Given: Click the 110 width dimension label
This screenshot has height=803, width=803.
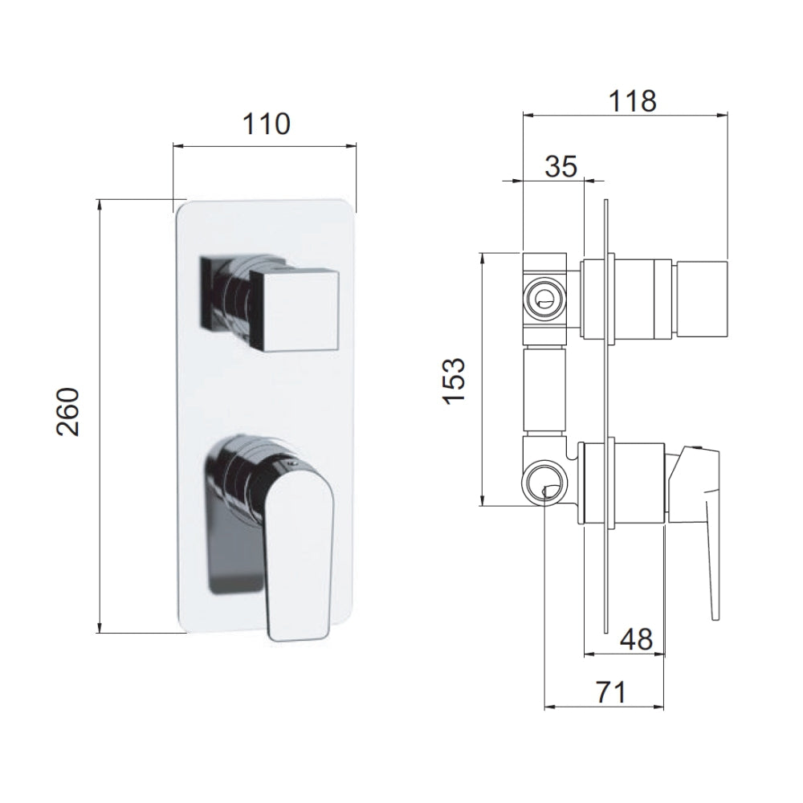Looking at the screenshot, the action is (266, 124).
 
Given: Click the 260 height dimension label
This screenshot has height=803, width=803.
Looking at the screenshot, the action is (68, 412).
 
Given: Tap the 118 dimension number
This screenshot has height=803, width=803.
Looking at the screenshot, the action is (632, 101).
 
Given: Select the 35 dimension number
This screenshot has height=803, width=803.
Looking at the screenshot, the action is (560, 166).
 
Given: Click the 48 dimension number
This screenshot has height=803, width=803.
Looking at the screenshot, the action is (637, 639).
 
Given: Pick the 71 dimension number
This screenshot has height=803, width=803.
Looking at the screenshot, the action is (611, 692).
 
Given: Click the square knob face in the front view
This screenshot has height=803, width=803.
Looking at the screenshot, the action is (295, 309).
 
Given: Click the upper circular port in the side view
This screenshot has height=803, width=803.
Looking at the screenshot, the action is (544, 298).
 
